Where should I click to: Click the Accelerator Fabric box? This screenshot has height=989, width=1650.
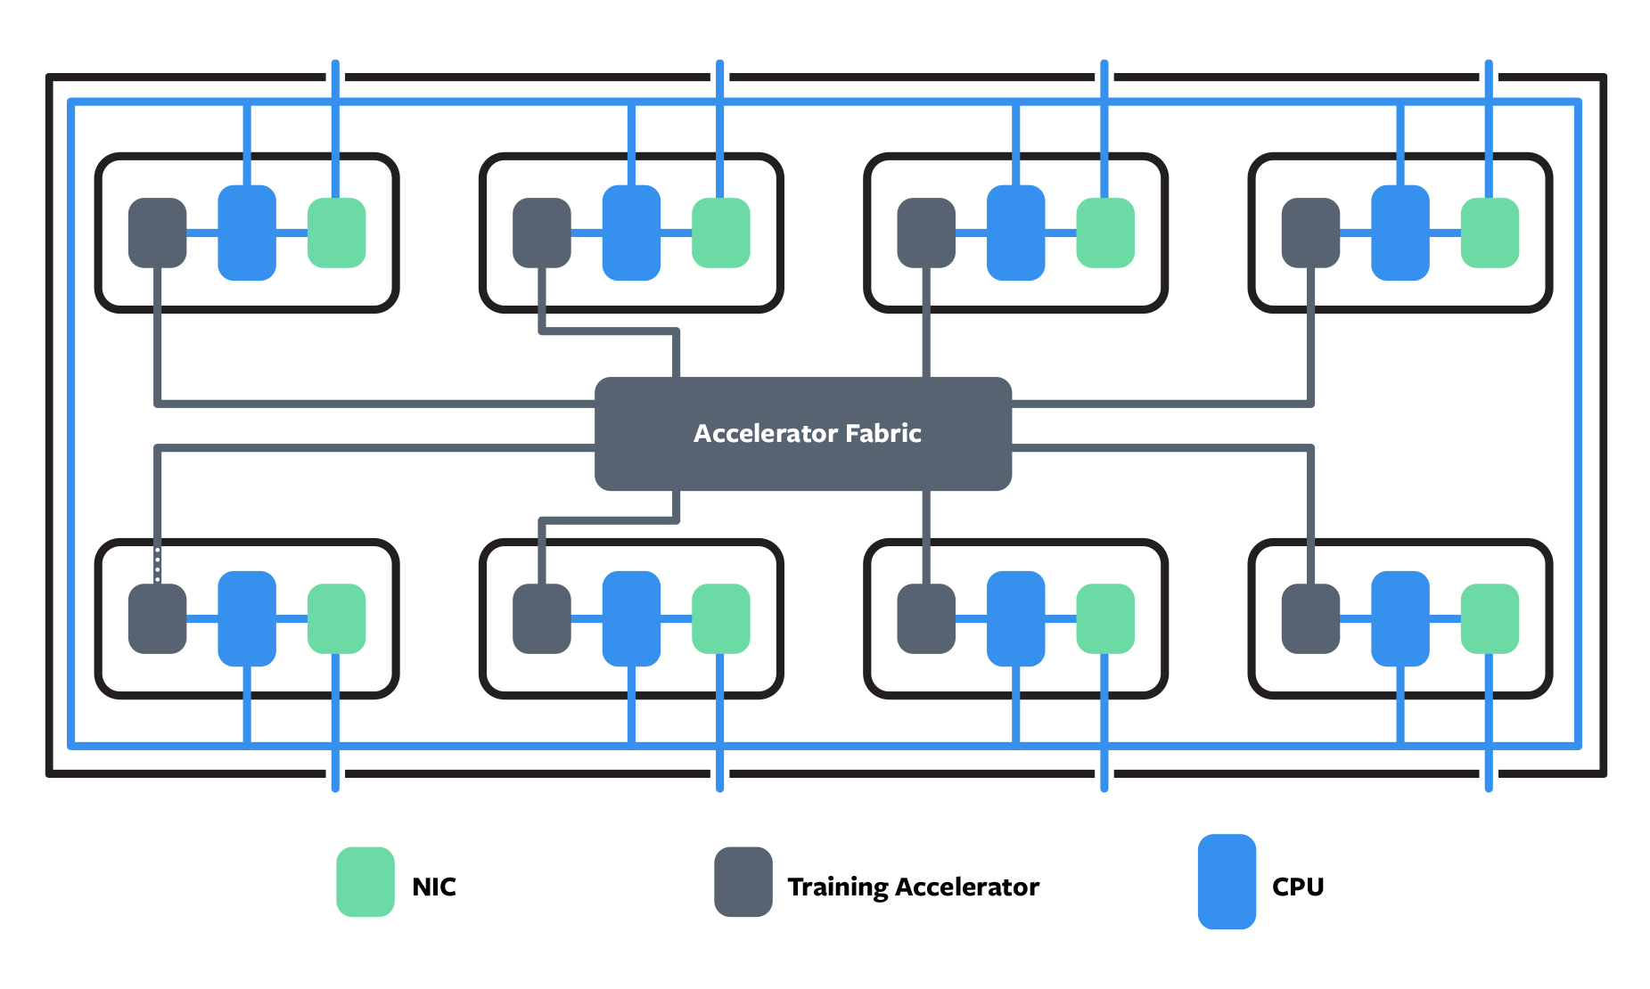coord(803,434)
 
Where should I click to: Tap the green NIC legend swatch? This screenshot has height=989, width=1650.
coord(365,882)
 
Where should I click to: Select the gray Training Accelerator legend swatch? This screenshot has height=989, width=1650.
coord(743,882)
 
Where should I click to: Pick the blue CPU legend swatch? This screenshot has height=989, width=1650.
coord(1227,882)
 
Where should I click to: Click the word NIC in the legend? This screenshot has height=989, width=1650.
coord(434,887)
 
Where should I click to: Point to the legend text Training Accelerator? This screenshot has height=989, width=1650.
coord(914,887)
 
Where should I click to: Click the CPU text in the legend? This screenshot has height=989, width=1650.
coord(1298,887)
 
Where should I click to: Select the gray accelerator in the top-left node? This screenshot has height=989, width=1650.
coord(158,233)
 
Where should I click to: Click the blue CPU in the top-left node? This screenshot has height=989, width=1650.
coord(247,233)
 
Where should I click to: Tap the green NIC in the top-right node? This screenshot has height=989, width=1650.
coord(1490,233)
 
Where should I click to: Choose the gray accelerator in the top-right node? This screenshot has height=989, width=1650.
coord(1310,233)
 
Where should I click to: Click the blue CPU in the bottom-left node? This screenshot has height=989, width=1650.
coord(247,618)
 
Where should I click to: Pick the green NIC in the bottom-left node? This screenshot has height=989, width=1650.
coord(337,618)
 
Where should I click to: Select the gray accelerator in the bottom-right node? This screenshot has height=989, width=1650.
coord(1310,618)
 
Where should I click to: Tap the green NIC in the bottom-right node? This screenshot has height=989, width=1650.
coord(1490,618)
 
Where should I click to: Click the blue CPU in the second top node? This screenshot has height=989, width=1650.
coord(631,233)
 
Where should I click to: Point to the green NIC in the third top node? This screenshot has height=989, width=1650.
coord(1105,233)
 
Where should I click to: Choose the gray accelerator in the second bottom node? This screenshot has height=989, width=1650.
coord(542,618)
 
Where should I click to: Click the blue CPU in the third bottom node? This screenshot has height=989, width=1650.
coord(1015,618)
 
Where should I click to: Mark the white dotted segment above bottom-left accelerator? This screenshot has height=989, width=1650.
coord(158,565)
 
